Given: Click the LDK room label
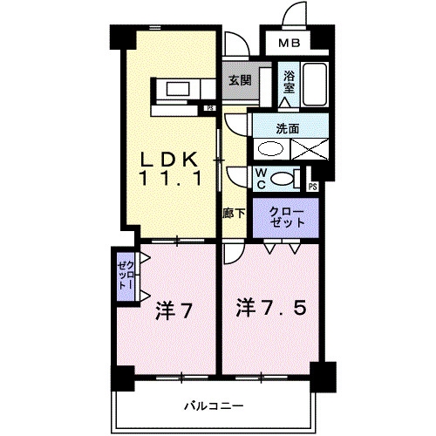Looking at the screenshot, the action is coord(169,160).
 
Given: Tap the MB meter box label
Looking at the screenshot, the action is coord(289,44).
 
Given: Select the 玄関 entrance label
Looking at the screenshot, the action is coord(240,80).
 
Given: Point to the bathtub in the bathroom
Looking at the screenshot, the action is coord(315,85).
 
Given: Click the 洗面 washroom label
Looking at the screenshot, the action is coord(288,129).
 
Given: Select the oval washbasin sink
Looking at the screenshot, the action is coord(270,149).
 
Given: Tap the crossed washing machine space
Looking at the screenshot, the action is coord(310,149).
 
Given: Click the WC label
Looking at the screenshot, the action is coord(262,179).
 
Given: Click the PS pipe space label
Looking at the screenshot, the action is coord(313,187).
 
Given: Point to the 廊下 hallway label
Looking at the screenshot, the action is coord(234,214).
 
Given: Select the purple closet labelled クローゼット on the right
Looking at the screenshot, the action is coord(286,218).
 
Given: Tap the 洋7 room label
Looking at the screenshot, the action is coord(174,310).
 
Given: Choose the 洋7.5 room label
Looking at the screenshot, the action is coord(271,307).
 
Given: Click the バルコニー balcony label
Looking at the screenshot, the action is coord(214,405).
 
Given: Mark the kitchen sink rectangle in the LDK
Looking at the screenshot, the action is coord(178,89).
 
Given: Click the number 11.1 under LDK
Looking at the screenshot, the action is coord(171,178).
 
